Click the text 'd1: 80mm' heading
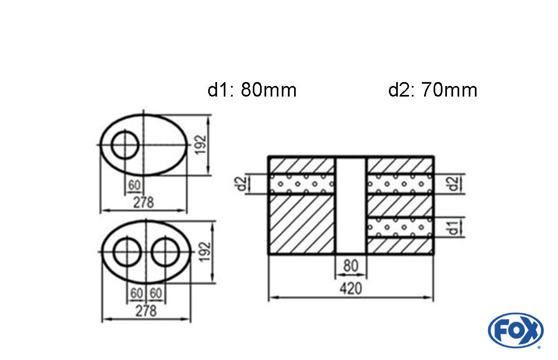(252, 90)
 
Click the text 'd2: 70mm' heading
(433, 90)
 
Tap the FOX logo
(516, 330)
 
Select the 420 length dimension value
(350, 289)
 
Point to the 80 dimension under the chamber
(350, 266)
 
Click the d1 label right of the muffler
(453, 227)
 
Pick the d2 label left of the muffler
(242, 184)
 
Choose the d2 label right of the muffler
(453, 184)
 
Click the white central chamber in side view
(351, 205)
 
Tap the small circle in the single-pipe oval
(124, 145)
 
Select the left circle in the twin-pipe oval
(127, 251)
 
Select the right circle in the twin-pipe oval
(165, 251)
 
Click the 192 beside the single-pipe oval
(201, 144)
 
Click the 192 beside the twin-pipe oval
(205, 252)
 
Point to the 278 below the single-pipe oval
(143, 203)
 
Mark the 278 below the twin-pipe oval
(146, 311)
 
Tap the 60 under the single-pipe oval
(134, 185)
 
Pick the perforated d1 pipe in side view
(400, 227)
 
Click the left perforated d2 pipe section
(302, 184)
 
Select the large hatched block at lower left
(302, 224)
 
